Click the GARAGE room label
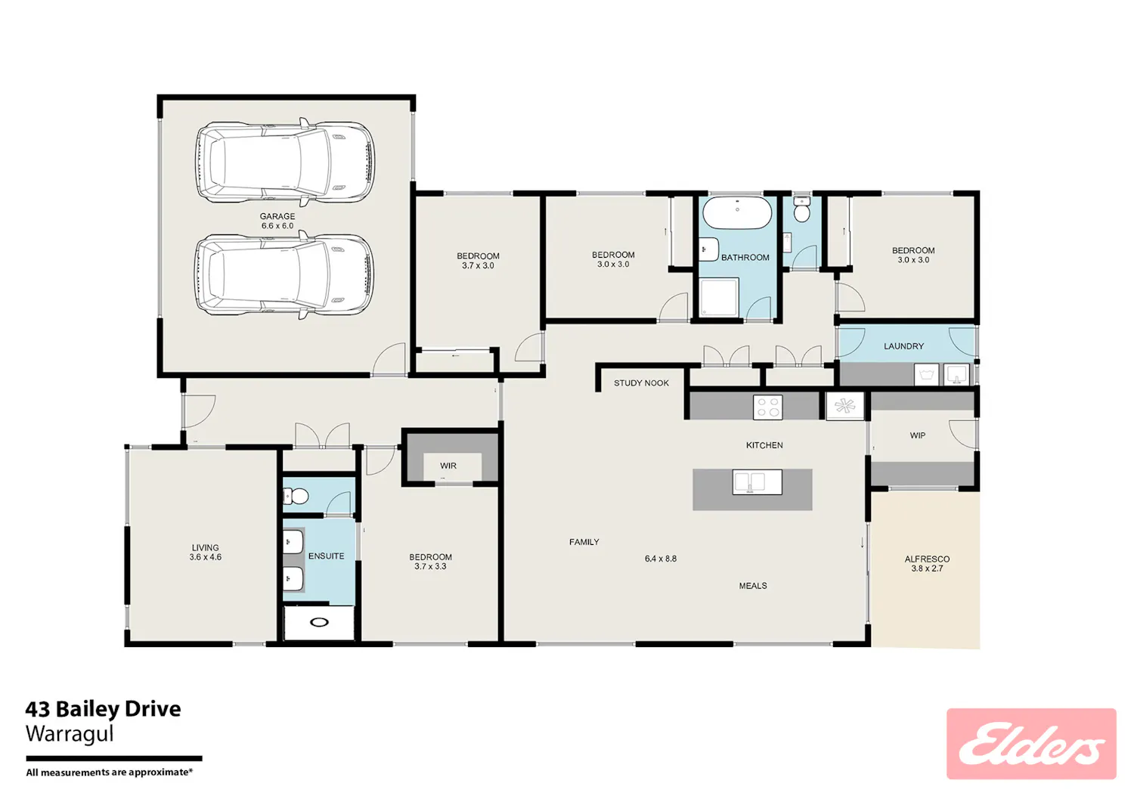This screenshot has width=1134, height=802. click(277, 216)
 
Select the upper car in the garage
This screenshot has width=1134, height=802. click(285, 162)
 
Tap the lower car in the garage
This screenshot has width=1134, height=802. click(285, 274)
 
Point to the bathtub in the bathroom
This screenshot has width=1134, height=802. click(737, 212)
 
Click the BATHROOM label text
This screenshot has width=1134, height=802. click(745, 258)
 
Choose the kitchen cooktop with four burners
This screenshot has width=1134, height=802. click(768, 407)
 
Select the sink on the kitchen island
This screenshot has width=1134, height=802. click(758, 482)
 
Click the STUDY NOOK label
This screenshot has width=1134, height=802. click(641, 383)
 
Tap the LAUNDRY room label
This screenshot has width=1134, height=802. click(903, 346)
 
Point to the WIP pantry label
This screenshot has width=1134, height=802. click(918, 435)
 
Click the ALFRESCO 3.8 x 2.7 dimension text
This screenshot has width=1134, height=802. click(927, 568)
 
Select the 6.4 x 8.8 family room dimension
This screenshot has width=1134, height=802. click(661, 559)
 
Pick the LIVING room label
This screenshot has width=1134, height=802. click(205, 548)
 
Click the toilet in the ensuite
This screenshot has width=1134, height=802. click(296, 496)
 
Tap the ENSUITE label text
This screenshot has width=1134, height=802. click(326, 556)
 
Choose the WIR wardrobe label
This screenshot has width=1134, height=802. click(448, 466)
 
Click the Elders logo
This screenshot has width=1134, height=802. click(1031, 744)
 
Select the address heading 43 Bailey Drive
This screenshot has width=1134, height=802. click(104, 709)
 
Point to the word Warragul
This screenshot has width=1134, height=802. click(70, 734)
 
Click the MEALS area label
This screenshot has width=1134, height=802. click(753, 586)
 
